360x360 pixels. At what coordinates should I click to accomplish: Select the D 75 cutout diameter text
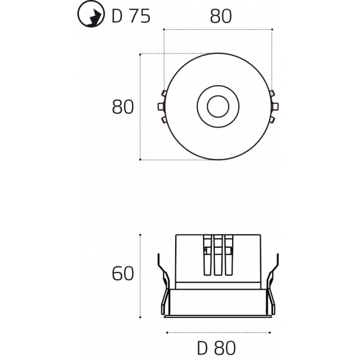131,17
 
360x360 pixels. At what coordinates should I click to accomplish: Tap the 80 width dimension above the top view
220,17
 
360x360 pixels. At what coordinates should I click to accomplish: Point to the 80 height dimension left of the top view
122,107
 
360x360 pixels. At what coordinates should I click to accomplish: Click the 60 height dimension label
122,274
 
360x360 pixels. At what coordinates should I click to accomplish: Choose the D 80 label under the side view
216,348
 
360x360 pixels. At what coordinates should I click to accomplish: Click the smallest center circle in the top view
217,107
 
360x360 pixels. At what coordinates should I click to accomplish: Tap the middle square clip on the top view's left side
160,107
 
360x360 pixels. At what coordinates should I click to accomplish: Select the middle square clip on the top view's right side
274,107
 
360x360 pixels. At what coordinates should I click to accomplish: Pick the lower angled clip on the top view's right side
272,120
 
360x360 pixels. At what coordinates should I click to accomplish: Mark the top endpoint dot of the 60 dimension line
140,235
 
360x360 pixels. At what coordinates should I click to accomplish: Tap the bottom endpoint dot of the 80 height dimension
140,160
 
